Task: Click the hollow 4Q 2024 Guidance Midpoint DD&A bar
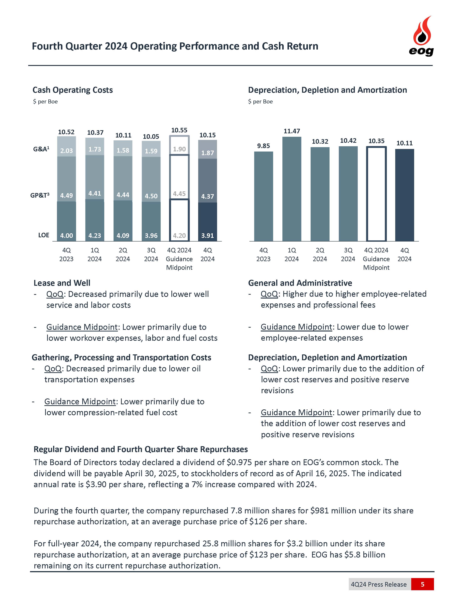376,194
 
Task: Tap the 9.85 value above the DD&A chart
263,146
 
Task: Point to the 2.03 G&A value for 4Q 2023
67,151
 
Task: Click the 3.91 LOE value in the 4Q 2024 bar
208,235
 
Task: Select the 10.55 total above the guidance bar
179,130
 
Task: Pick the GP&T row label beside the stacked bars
40,195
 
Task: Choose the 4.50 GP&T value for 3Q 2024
151,196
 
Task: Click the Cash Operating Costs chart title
73,90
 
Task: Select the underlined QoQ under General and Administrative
269,294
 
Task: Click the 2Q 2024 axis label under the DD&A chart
320,255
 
